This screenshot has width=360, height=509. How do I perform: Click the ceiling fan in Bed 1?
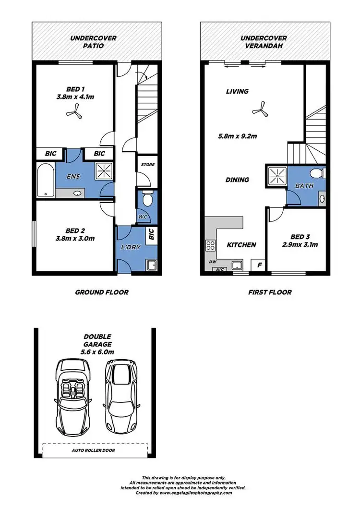click(73, 112)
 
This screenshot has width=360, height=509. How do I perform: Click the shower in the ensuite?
click(103, 170)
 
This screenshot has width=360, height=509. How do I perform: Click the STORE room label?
click(147, 165)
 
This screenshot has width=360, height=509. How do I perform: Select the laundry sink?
click(151, 265)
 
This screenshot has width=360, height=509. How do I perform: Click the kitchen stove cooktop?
click(210, 245)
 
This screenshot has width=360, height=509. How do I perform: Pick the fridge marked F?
click(259, 265)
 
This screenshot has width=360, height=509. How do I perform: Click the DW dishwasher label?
click(212, 262)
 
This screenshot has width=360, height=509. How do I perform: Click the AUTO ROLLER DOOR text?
click(94, 450)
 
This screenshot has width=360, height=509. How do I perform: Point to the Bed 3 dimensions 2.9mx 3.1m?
click(297, 244)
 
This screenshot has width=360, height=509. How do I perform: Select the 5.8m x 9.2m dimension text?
click(238, 136)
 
